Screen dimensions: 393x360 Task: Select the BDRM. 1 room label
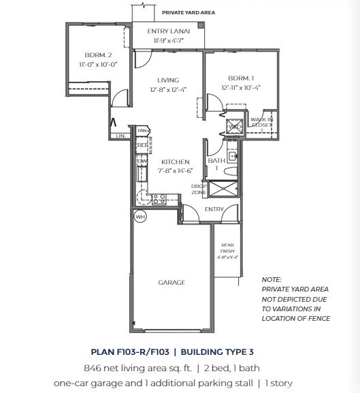coord(240,78)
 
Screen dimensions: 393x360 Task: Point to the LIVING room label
coord(168,80)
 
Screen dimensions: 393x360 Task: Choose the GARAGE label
coord(171,282)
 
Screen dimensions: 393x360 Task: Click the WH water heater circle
coord(140,217)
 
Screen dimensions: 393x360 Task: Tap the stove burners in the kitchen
coord(159,199)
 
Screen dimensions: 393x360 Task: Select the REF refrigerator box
coord(142,145)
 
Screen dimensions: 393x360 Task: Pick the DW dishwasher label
coord(142,161)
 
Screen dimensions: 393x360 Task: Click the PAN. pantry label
coord(142,131)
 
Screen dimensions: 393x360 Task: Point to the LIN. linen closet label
coord(120,136)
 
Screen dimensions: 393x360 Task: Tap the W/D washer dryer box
coord(233,126)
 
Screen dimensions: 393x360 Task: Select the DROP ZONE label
coord(198,189)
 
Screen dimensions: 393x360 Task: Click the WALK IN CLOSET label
coord(261,123)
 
